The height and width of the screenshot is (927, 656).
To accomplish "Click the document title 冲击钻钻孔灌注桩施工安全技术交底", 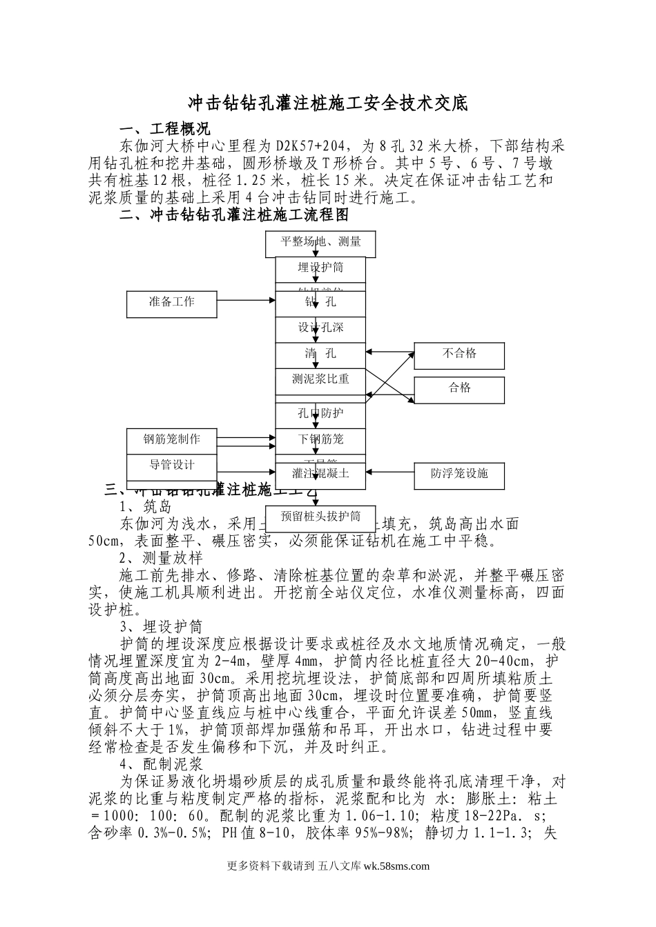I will (328, 103).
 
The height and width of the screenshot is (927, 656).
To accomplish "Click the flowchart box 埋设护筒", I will (320, 268).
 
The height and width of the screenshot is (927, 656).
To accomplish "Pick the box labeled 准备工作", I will (172, 302).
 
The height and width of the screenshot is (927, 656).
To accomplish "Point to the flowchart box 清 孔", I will (320, 354).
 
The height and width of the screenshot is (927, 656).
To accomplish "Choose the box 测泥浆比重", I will (320, 379).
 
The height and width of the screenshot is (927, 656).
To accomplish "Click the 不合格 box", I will (459, 354).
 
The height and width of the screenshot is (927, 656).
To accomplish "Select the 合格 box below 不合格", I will (459, 388).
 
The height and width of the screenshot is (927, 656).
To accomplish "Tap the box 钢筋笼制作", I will (172, 439).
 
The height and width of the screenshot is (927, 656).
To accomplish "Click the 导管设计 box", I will (172, 465).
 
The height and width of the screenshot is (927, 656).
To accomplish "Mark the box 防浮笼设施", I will (459, 473).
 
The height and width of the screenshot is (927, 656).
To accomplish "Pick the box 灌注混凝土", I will (320, 474).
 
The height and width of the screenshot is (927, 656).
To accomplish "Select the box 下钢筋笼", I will (320, 439).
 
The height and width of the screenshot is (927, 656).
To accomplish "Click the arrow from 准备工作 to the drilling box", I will (246, 300).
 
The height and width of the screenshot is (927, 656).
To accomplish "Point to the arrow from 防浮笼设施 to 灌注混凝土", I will (389, 473).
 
